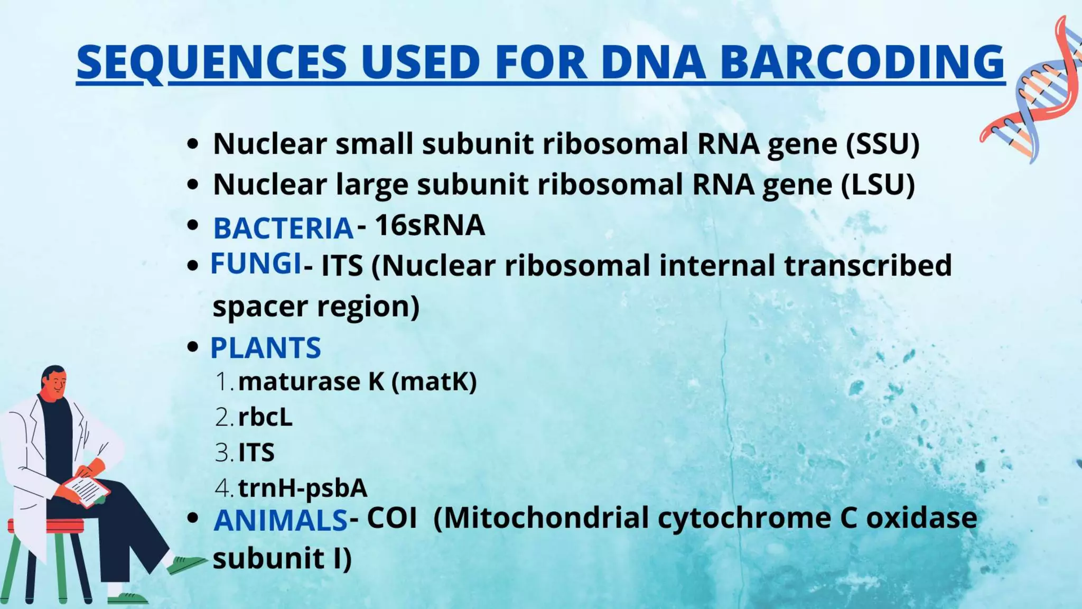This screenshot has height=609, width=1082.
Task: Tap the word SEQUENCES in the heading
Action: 211,62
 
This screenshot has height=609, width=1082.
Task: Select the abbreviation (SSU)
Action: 882,144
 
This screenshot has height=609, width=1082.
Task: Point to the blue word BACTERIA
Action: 283,228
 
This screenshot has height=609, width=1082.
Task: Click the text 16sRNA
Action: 430,226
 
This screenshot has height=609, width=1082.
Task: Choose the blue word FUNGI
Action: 256,263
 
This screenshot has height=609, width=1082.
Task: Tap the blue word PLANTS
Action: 265,348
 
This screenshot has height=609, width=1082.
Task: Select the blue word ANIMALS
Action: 280,520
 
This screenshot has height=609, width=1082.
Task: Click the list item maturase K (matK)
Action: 357,382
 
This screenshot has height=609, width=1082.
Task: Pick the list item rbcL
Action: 265,417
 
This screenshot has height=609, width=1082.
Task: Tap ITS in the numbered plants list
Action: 256,453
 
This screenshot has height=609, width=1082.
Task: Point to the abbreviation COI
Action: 391,518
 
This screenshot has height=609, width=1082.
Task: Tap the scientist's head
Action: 54,382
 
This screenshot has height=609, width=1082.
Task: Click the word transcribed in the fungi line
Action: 868,265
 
